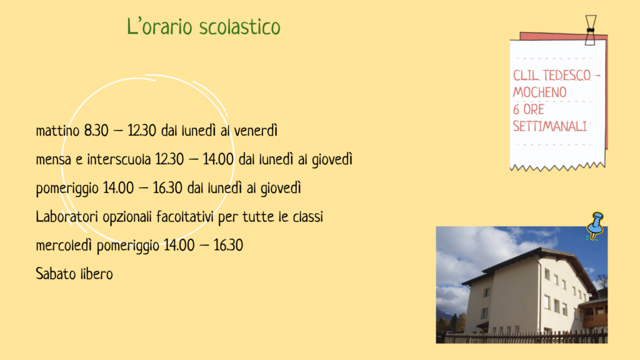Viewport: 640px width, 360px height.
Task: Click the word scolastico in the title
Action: pos(240,27)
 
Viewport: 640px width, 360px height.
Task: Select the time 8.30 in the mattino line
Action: pos(96,131)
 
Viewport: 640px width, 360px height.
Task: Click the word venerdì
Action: pos(256,131)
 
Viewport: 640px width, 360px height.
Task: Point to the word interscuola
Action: pos(119,159)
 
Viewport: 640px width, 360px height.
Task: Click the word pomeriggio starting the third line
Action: pos(67,189)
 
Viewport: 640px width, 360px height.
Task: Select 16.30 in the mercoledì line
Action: pos(228,245)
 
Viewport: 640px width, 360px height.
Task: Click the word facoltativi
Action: pos(184,217)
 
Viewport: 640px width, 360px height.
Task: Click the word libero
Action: pos(97,274)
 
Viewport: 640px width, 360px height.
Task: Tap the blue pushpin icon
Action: pos(595,226)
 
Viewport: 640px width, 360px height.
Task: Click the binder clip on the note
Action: pos(590,30)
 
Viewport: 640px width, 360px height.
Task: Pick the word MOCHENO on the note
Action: pos(539,92)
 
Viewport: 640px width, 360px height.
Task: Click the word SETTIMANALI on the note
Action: pos(550,126)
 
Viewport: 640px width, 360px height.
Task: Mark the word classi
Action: pos(307,217)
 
